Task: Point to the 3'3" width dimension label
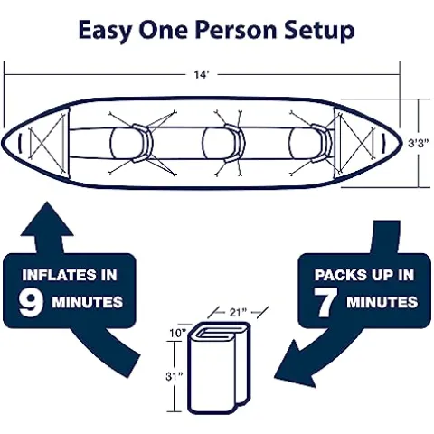point(418,142)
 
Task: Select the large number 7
point(328,301)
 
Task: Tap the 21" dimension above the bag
point(237,313)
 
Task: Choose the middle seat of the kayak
point(222,142)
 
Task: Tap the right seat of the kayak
point(307,142)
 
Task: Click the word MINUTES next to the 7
point(381,302)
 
